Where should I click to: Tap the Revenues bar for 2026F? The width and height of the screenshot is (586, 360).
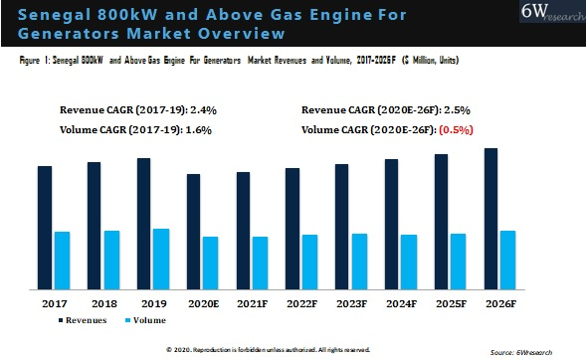coord(490,219)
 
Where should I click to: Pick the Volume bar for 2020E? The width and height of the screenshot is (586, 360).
coord(211,263)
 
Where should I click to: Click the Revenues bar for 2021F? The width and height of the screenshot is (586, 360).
coord(243,231)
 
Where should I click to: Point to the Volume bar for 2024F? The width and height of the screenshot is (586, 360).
coord(409,262)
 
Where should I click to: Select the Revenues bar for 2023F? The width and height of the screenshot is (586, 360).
coord(342,227)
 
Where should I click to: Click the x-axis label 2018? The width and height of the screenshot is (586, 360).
coord(103,301)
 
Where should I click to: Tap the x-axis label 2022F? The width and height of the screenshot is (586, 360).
coord(301,301)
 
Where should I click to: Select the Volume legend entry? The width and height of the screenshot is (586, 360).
coord(145,320)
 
